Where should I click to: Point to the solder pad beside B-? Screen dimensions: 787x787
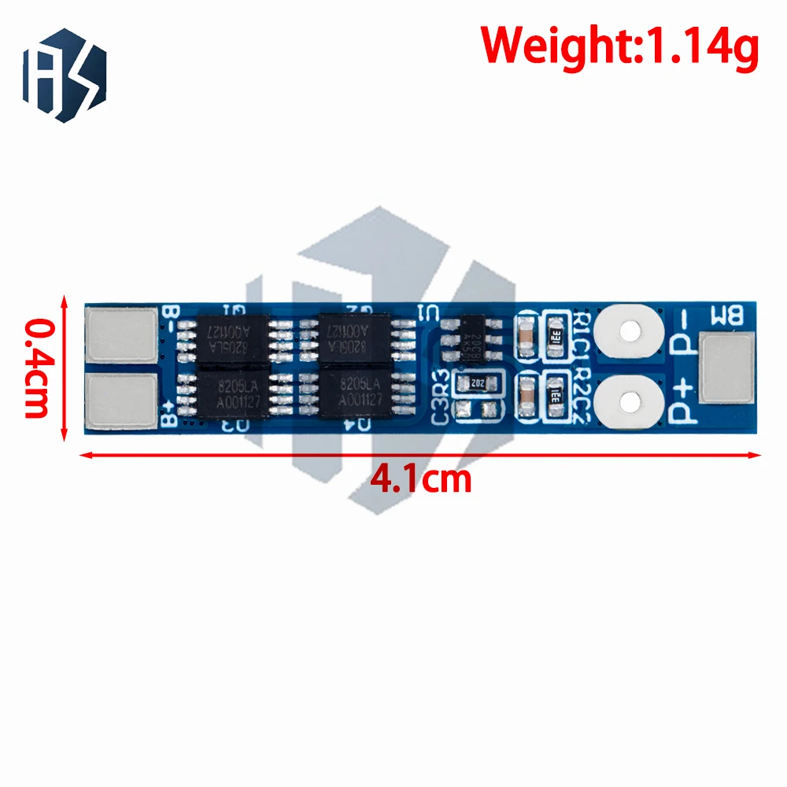(x=121, y=334)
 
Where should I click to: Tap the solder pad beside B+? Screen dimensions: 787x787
(x=121, y=401)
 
